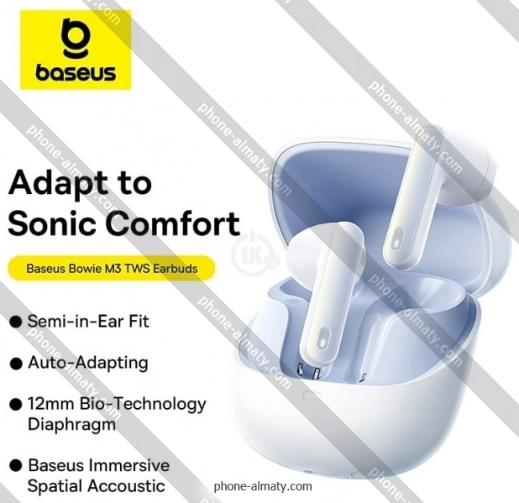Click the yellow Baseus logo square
[76, 50]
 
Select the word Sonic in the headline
[50, 223]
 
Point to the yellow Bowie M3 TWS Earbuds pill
[111, 269]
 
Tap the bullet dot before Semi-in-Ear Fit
[16, 322]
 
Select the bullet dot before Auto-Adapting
[16, 364]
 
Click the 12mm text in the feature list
[51, 403]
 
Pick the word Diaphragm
[72, 425]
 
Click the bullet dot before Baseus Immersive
[16, 465]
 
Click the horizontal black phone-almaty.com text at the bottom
[263, 486]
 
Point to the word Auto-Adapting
[88, 363]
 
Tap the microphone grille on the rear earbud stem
[396, 238]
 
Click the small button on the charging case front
[312, 396]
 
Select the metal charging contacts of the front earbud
[310, 370]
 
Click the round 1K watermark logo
[254, 253]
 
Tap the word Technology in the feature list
[156, 405]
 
